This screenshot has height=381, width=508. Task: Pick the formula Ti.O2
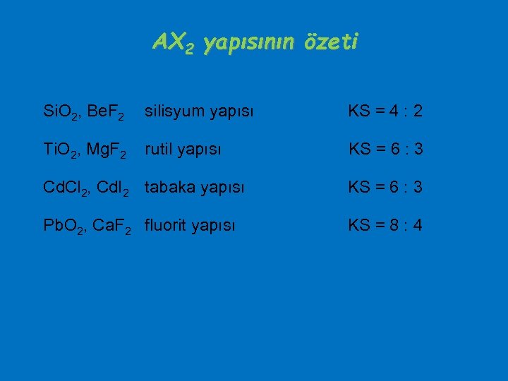click(60, 150)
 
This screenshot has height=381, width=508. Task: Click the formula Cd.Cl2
click(66, 188)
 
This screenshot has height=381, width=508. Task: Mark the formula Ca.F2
click(110, 226)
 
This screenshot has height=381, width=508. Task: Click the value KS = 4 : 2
click(385, 111)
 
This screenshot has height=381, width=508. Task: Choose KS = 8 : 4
click(385, 226)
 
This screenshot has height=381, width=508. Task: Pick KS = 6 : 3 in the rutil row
click(385, 150)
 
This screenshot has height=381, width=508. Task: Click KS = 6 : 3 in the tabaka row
click(385, 188)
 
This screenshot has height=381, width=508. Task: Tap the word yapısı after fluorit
click(216, 226)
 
